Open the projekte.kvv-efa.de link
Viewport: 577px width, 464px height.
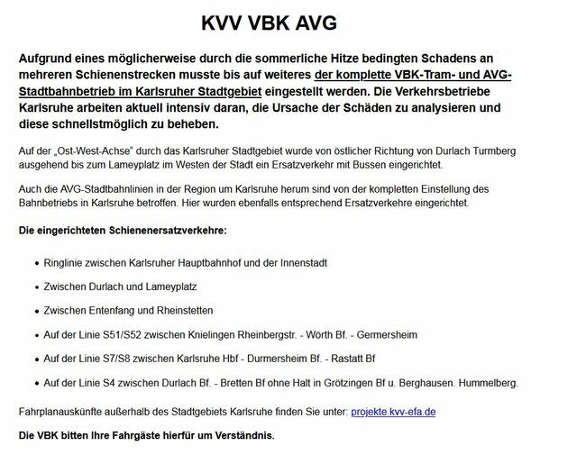click(x=393, y=412)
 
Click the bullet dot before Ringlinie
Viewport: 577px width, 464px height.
click(x=35, y=264)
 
